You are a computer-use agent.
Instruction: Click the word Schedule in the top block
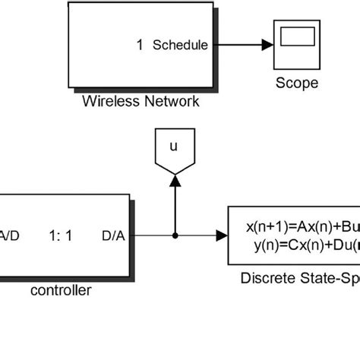[x=180, y=45]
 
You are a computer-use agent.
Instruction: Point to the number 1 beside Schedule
[x=140, y=45]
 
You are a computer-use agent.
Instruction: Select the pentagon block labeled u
[x=175, y=150]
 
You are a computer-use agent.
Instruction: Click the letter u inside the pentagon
[x=175, y=147]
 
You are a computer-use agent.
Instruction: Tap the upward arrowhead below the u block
[x=175, y=179]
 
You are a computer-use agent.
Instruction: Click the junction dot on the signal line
[x=175, y=235]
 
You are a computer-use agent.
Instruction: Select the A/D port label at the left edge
[x=11, y=235]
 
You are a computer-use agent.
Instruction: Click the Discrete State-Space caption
[x=300, y=277]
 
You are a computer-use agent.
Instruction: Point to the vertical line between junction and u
[x=175, y=209]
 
